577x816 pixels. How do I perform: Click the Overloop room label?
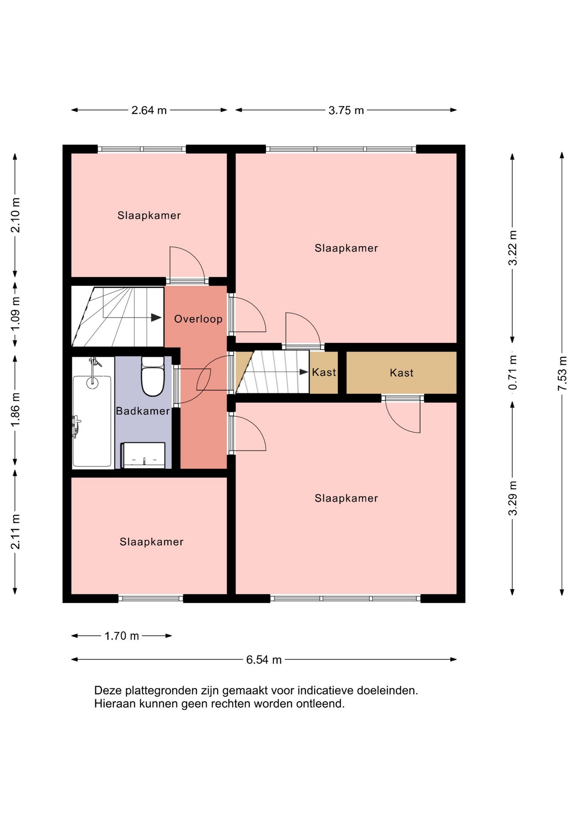pos(198,319)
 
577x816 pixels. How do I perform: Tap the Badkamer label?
pos(143,411)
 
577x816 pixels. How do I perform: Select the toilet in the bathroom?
pos(153,377)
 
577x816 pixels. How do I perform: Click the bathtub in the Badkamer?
pos(92,421)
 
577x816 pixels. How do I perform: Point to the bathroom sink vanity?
pos(143,455)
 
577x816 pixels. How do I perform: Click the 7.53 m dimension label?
pos(562,373)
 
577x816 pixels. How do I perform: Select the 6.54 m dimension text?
pos(264,660)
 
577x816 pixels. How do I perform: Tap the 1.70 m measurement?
pos(122,636)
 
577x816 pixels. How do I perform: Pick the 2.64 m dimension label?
pos(149,110)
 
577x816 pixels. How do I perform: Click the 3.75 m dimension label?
pos(346,110)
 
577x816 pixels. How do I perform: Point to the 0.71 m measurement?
pos(513,372)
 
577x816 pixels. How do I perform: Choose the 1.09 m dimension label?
pos(15,314)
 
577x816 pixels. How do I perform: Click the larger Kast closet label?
pos(402,373)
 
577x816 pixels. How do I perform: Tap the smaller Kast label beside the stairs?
pos(324,372)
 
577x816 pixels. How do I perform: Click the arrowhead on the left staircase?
pos(156,317)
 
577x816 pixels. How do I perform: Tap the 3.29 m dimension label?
pos(513,498)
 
